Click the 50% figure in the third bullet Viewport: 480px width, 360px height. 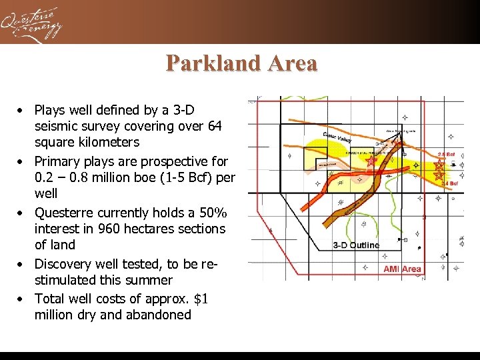(213, 213)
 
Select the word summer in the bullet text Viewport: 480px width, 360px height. (151, 280)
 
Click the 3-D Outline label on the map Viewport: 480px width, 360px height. (356, 245)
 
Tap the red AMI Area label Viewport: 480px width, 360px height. (402, 269)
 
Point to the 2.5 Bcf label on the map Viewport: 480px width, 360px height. (447, 155)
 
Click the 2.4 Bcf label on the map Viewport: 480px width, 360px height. (449, 183)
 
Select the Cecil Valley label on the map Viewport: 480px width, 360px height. (337, 136)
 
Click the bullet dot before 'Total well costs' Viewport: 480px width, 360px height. (22, 299)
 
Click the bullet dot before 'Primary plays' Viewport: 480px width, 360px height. (22, 162)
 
